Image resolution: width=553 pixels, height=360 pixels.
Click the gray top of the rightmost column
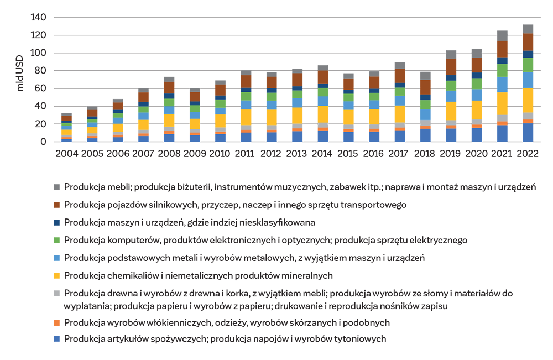click(528, 27)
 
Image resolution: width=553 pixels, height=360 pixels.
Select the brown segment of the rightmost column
click(528, 42)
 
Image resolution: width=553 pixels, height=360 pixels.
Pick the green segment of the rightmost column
click(528, 64)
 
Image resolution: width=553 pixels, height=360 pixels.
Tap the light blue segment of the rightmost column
click(528, 80)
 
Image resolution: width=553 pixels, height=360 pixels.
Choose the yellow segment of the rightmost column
click(528, 100)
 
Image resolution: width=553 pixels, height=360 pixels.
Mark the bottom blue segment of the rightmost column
click(528, 132)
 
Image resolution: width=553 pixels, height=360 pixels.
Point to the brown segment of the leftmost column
click(66, 118)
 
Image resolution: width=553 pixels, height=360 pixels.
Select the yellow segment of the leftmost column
click(66, 132)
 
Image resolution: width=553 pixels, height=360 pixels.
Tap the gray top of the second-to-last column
click(502, 29)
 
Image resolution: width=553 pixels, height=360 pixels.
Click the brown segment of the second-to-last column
click(502, 46)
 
